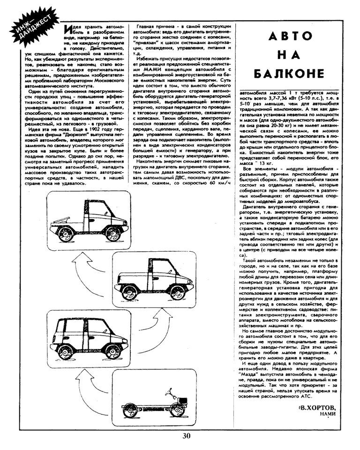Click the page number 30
click(x=187, y=436)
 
